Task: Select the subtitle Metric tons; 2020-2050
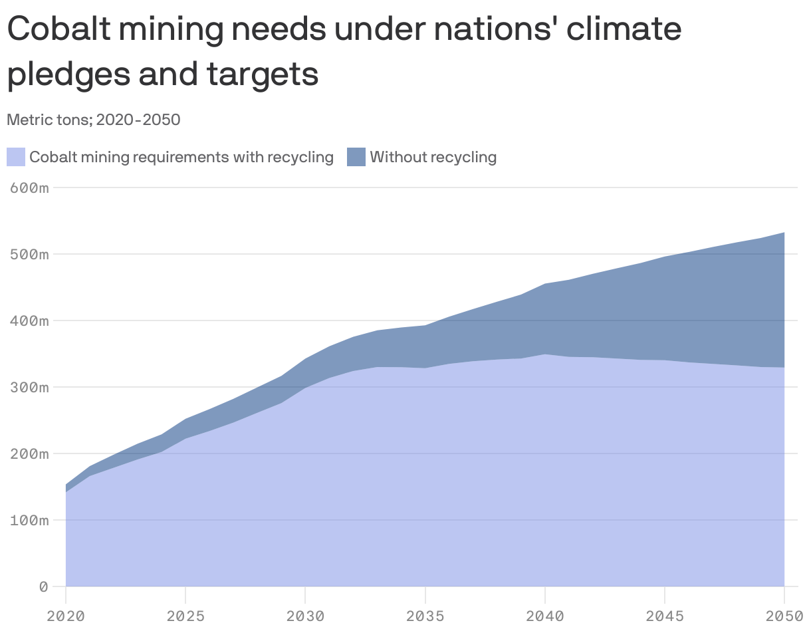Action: (94, 120)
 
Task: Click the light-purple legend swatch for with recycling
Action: (16, 158)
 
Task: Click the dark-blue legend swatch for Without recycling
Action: (356, 158)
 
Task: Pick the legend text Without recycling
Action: (433, 158)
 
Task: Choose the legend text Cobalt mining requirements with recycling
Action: (181, 158)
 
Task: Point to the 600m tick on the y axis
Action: (30, 188)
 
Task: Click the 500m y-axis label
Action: (30, 255)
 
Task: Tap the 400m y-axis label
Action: (30, 321)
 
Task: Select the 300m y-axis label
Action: (30, 388)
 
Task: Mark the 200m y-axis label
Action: (30, 454)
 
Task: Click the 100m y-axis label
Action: (30, 521)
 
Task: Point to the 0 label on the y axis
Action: (43, 587)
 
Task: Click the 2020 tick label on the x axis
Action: (66, 616)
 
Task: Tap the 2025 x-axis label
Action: (185, 616)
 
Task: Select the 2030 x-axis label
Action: (305, 616)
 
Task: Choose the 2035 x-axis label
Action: (425, 616)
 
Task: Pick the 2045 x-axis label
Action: (664, 616)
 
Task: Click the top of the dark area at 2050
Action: (784, 233)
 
